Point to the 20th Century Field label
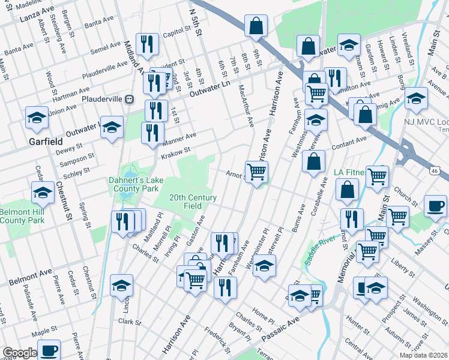pyautogui.click(x=193, y=201)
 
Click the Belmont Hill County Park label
pyautogui.click(x=22, y=217)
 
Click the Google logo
pyautogui.click(x=20, y=353)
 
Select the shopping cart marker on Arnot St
pyautogui.click(x=257, y=172)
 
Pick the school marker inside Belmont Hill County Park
pyautogui.click(x=43, y=193)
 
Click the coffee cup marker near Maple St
pyautogui.click(x=49, y=349)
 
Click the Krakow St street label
pyautogui.click(x=176, y=153)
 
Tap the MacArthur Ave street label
pyautogui.click(x=246, y=106)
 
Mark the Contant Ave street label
pyautogui.click(x=349, y=144)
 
